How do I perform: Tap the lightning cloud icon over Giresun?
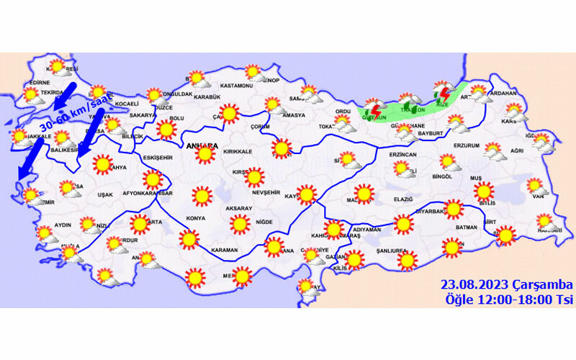click(373, 110)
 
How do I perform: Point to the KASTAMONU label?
click(236, 86)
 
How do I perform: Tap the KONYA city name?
click(195, 218)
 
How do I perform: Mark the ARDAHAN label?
click(503, 94)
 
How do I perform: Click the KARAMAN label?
click(224, 250)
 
